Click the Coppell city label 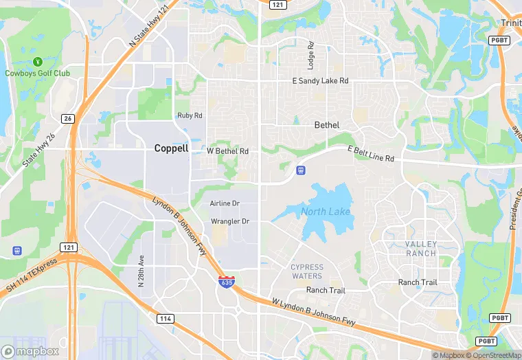(171, 148)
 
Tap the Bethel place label (327, 125)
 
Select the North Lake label (326, 212)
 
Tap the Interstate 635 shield (225, 282)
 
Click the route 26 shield (67, 117)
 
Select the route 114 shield (165, 319)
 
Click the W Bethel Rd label (227, 150)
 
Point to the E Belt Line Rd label (371, 154)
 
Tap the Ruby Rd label (190, 115)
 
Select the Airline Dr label (225, 203)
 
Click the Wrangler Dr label (230, 221)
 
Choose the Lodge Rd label (311, 54)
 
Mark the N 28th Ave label (141, 271)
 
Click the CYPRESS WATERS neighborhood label (307, 271)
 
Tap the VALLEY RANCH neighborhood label (420, 249)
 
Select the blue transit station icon (300, 170)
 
